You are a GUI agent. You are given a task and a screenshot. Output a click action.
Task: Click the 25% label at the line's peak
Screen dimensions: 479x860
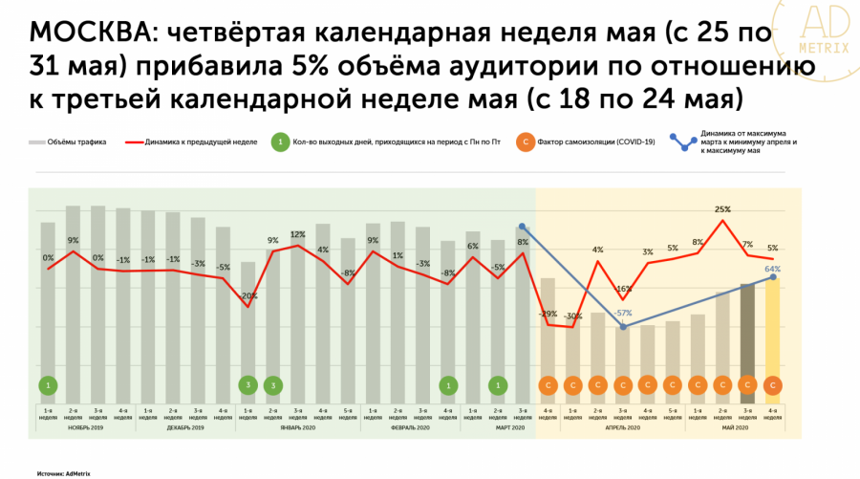[722, 208]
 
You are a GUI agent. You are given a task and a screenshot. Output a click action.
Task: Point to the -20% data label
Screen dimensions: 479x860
[247, 295]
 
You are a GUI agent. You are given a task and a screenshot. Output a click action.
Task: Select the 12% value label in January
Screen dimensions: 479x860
[297, 234]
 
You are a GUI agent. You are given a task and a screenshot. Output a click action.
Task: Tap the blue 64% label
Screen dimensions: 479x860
[773, 270]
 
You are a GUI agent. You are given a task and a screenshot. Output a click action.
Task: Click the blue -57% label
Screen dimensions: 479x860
[623, 313]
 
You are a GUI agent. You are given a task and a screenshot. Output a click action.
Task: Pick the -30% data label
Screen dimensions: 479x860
[573, 316]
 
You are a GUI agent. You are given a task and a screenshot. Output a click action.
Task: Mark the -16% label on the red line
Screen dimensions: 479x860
[623, 288]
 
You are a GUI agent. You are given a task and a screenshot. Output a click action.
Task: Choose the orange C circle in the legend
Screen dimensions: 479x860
[524, 142]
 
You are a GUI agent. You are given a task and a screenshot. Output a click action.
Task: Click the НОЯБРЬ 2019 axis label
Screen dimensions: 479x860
[84, 427]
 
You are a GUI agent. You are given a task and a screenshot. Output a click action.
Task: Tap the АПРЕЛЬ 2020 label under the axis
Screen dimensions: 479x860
[622, 427]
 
